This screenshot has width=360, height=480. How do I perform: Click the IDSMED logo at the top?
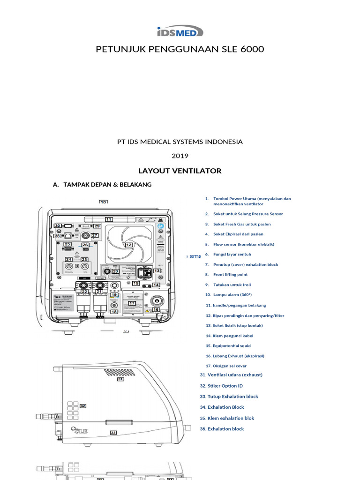(x=180, y=31)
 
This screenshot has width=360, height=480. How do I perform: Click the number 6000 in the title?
(x=251, y=49)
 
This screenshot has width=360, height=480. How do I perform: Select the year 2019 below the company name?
(x=180, y=156)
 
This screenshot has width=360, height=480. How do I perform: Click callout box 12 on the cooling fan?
(x=129, y=245)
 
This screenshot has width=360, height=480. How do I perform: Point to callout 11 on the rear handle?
(x=109, y=219)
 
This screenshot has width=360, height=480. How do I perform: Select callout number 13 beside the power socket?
(x=157, y=271)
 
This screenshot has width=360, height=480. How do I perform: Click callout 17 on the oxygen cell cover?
(x=132, y=303)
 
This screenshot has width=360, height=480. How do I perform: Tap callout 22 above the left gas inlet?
(x=85, y=292)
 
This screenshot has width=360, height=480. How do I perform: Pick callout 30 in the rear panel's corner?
(x=58, y=225)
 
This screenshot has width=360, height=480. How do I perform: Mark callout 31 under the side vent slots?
(x=120, y=380)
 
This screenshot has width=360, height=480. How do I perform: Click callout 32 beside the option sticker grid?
(x=83, y=406)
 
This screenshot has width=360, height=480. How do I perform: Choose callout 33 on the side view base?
(x=113, y=433)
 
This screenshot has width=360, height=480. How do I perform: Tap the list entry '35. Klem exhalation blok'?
(x=227, y=418)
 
